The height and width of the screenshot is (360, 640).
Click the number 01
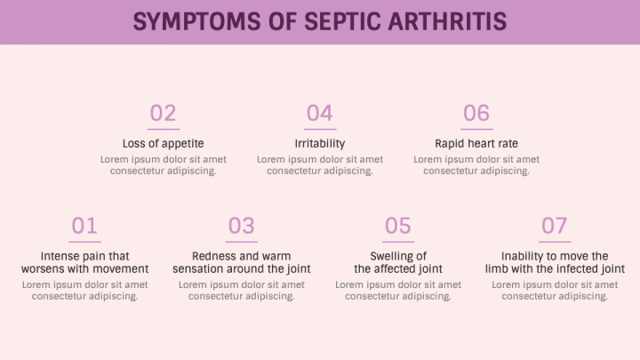tap(84, 226)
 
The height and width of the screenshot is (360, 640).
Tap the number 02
tap(163, 113)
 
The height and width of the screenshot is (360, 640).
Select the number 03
tap(241, 226)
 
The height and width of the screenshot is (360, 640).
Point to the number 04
tap(320, 113)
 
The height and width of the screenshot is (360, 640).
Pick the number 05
tap(398, 226)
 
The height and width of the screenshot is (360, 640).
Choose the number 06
tap(476, 113)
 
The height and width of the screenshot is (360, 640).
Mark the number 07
tap(555, 226)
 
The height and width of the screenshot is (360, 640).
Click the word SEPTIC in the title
tap(342, 21)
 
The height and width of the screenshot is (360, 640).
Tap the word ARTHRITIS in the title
tap(447, 21)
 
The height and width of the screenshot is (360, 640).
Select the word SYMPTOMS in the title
tap(196, 21)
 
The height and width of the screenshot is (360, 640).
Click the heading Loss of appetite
tap(164, 144)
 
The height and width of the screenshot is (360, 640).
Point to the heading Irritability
tap(320, 144)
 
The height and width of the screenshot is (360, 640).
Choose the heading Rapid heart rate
tap(476, 144)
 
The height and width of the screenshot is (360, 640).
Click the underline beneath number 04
tap(320, 130)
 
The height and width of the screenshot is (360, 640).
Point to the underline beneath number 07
tap(555, 242)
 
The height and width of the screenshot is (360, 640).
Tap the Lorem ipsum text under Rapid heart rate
tap(476, 165)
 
